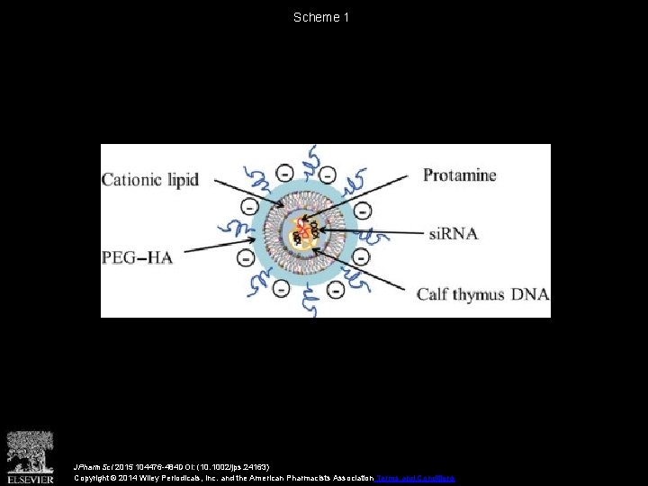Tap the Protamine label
coord(460,175)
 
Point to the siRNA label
coord(454,233)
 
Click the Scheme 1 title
coord(322,17)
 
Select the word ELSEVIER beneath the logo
coord(31,478)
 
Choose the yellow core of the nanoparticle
coord(304,236)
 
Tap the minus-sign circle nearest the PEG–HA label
coord(245,258)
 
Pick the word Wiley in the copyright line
coord(163,478)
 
